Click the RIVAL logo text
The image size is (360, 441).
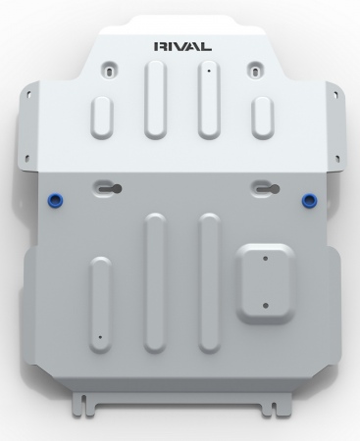182,46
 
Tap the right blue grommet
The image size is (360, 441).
308,199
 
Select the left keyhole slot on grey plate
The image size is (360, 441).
111,188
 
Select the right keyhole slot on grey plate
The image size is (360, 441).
268,189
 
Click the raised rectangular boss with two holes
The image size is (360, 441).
265,283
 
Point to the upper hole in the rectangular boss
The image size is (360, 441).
265,259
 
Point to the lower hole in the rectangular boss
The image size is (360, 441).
265,306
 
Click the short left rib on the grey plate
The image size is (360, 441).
100,305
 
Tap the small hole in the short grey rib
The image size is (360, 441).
100,337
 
